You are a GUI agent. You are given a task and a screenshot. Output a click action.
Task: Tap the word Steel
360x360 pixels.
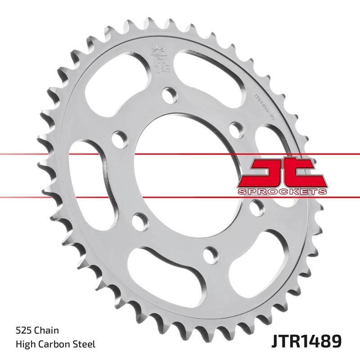click(x=84, y=345)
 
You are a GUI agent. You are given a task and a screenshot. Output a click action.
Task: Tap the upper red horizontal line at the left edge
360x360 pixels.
click(x=9, y=154)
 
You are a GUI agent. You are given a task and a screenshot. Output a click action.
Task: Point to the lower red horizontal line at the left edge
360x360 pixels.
click(x=9, y=197)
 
